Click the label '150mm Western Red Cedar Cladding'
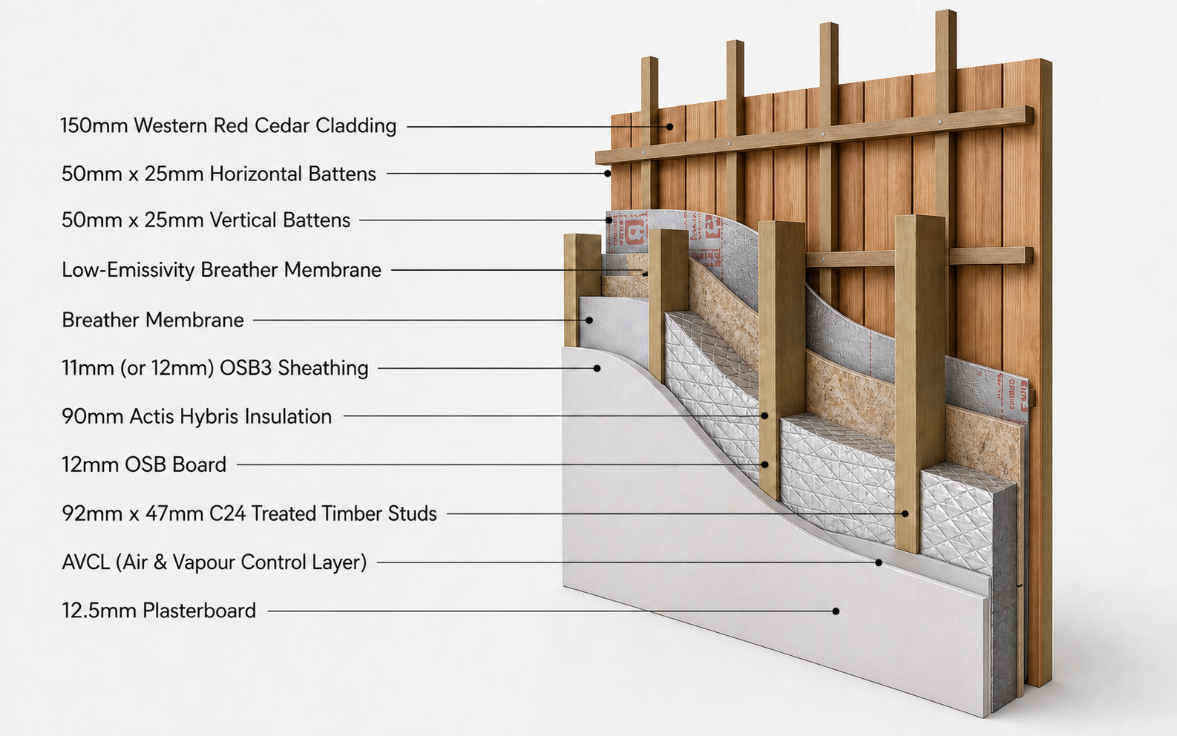click(x=228, y=126)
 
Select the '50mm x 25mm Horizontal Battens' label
click(x=219, y=174)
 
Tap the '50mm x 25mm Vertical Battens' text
click(x=206, y=220)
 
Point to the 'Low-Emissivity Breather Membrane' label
click(x=221, y=270)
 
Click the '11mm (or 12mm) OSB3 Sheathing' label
click(x=215, y=368)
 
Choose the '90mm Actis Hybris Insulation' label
click(x=197, y=416)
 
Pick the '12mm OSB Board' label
click(x=144, y=464)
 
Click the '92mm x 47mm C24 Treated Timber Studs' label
click(x=249, y=513)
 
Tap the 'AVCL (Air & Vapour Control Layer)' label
click(x=214, y=562)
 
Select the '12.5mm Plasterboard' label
click(x=159, y=611)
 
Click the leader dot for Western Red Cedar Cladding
click(x=670, y=127)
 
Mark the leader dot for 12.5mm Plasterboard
click(x=836, y=611)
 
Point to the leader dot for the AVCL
click(x=878, y=562)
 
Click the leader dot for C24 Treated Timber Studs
click(x=905, y=513)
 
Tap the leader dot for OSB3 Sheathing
click(x=597, y=368)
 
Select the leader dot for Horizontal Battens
click(x=607, y=174)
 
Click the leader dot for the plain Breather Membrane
click(x=589, y=320)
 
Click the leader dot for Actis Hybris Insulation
click(x=764, y=415)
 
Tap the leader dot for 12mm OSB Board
click(x=765, y=464)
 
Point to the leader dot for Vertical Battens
click(x=609, y=220)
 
